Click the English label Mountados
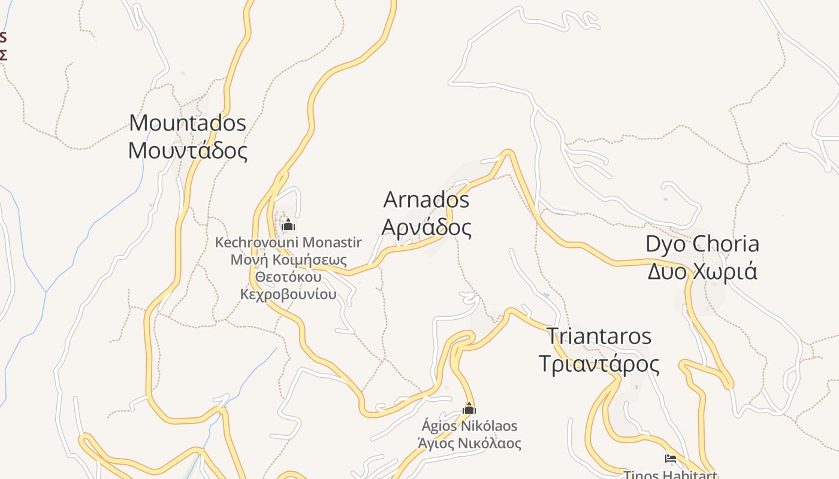click(188, 123)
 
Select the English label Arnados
click(426, 199)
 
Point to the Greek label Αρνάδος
click(426, 228)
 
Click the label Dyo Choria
click(702, 244)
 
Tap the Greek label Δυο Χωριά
click(702, 271)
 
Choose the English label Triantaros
click(599, 336)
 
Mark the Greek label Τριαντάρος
click(599, 363)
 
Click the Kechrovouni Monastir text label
click(288, 242)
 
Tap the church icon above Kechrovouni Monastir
click(288, 225)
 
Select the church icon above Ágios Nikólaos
click(469, 409)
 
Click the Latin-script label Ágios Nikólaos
click(469, 426)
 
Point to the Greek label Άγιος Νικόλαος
click(469, 444)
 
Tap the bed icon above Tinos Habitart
click(671, 459)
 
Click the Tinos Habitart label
click(671, 474)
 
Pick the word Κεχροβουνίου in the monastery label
click(288, 295)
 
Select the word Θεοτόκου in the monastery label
click(288, 277)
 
